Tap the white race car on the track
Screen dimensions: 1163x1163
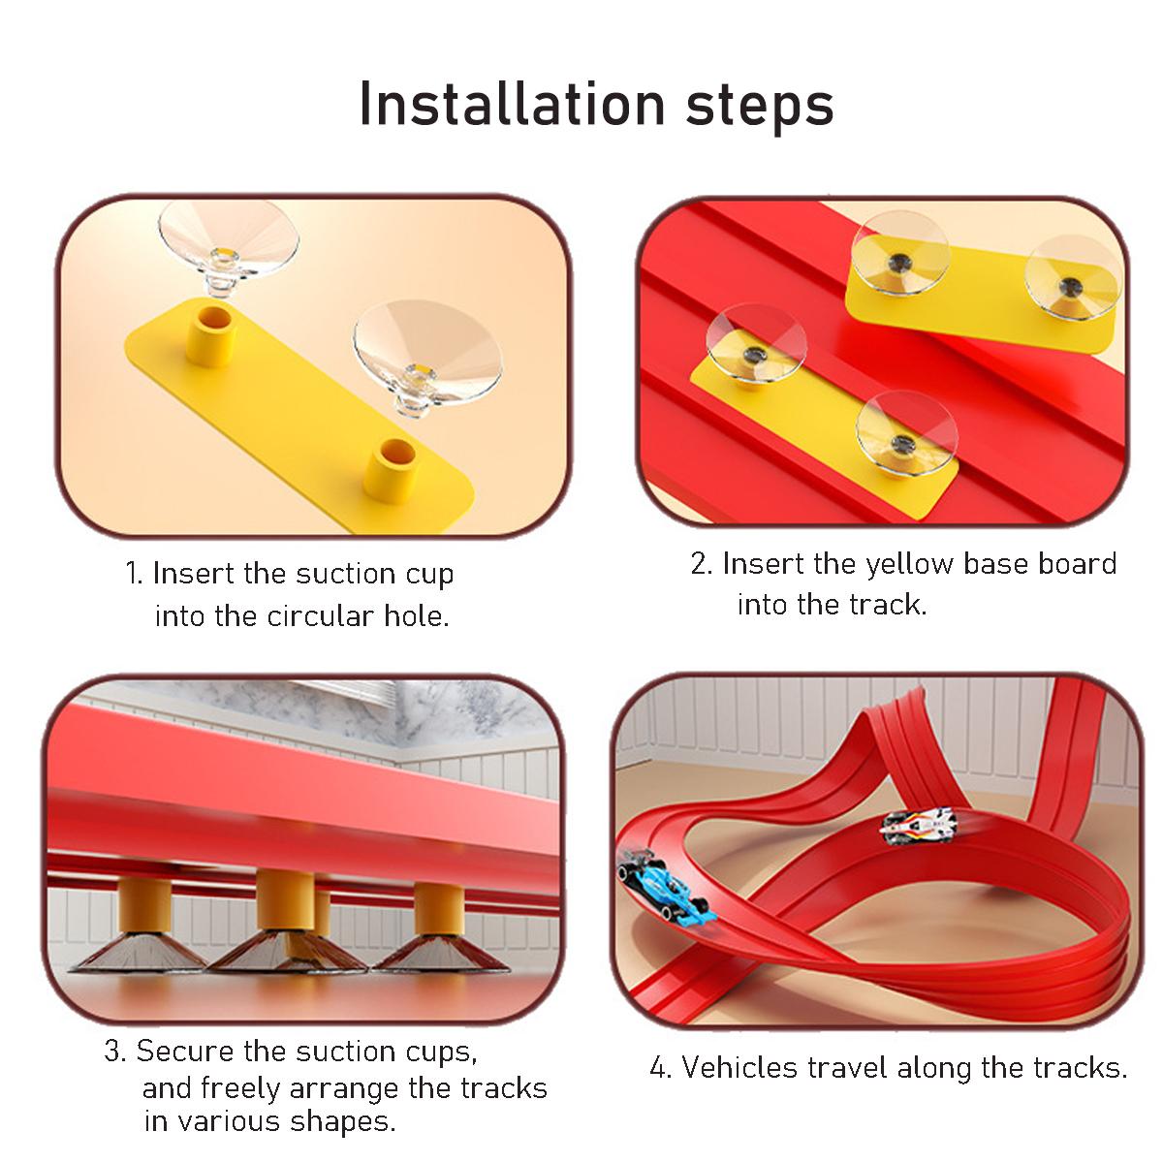[918, 825]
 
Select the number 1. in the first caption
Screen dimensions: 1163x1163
[135, 574]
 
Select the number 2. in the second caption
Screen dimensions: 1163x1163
[702, 564]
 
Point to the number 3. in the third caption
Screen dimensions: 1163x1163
[114, 1052]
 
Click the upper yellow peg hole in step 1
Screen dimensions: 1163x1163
[211, 320]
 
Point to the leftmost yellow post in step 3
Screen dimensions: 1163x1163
[144, 906]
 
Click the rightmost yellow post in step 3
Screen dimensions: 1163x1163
[438, 909]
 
